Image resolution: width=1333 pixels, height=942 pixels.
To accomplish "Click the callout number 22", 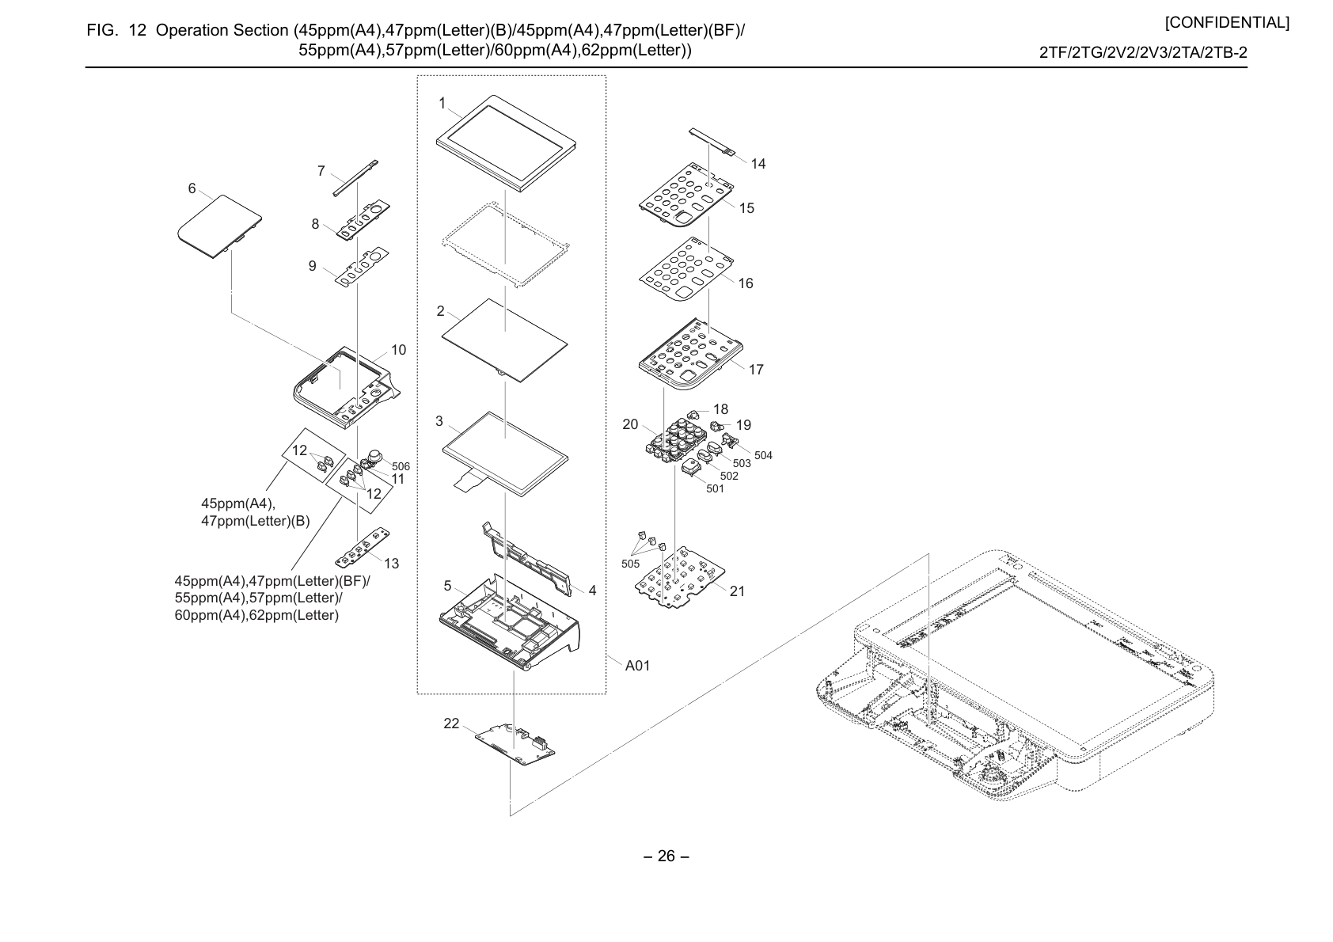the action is pos(452,724).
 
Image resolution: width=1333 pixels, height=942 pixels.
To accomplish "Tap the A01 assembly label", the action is pos(637,666).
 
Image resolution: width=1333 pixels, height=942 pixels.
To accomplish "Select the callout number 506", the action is pos(401,466).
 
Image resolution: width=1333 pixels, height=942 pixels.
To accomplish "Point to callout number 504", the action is pos(763,455).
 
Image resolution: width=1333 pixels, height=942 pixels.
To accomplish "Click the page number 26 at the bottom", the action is pos(666,856).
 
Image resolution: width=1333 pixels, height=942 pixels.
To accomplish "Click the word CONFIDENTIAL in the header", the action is pos(1227,23).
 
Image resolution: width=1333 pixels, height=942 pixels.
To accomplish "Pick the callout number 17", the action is pos(756,370).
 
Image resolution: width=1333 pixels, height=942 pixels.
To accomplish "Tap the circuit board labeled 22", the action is pos(515,744).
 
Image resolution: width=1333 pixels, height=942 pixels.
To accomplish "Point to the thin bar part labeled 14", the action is pos(711,141).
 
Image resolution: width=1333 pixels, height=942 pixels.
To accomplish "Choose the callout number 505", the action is pos(630,564).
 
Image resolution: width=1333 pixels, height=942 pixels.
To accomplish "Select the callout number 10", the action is pos(398,350).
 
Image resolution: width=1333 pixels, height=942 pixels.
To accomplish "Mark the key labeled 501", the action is pos(690,467).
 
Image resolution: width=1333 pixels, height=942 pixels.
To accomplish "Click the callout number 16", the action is pos(746,283).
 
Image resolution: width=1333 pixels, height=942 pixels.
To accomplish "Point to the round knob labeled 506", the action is pos(374,457).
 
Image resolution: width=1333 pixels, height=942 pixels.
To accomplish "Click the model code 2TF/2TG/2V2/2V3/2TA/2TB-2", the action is pos(1143,53).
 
